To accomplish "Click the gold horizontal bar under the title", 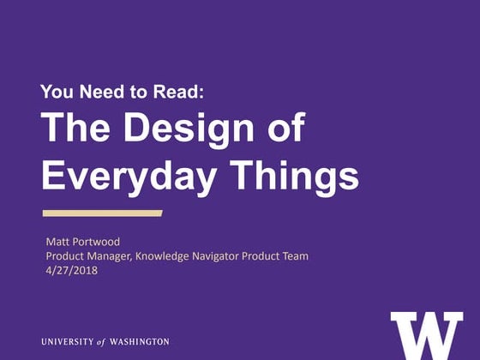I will pos(102,213).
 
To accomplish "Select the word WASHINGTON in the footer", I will pos(140,341).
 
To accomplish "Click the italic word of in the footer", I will pos(102,341).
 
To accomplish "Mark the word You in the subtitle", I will pos(56,92).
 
